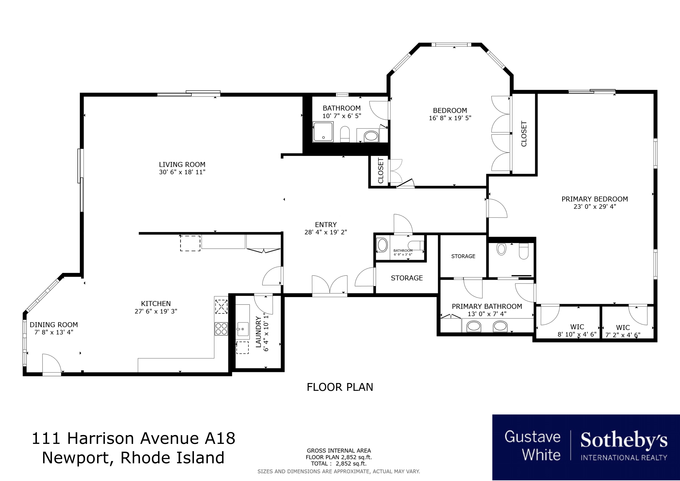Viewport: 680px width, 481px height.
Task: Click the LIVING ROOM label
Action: coord(182,164)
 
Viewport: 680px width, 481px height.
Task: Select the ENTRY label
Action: coord(326,224)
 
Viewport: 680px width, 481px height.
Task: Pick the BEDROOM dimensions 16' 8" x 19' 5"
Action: coord(450,118)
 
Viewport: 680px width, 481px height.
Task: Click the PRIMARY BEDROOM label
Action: coord(595,199)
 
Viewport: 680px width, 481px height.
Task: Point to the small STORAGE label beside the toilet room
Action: coord(463,256)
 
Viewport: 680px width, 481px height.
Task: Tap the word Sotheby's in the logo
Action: coord(624,440)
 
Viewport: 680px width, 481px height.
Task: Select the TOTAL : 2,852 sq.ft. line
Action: coord(339,464)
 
